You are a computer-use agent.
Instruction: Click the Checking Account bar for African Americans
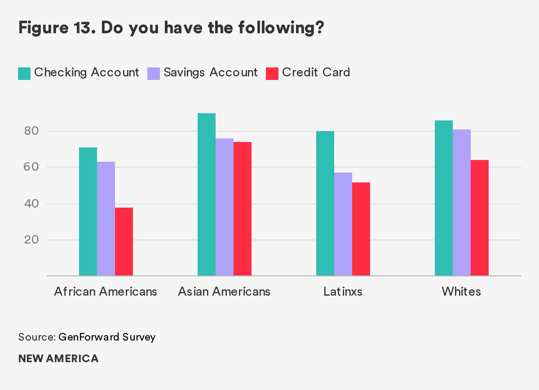coord(88,211)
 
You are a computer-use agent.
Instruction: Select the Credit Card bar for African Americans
coord(124,241)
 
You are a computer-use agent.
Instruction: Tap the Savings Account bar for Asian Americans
coord(225,207)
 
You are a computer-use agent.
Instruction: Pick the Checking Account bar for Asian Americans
coord(207,194)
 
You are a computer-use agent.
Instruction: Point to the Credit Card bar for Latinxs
coord(361,229)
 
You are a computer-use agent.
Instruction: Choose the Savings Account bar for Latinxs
coord(343,224)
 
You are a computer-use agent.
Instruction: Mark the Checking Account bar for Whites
coord(444,198)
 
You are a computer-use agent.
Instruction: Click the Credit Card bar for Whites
coord(480,217)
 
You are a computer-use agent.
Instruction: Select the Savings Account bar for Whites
coord(462,202)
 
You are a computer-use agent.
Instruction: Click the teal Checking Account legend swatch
coord(24,73)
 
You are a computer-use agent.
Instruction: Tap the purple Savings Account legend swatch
coord(154,73)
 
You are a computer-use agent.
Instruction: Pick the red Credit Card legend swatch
coord(272,73)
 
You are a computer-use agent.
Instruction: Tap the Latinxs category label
coord(343,292)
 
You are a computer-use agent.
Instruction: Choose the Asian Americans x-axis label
coord(224,292)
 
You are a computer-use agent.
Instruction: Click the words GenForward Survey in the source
coord(107,337)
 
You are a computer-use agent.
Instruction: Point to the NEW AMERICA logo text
coord(58,359)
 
